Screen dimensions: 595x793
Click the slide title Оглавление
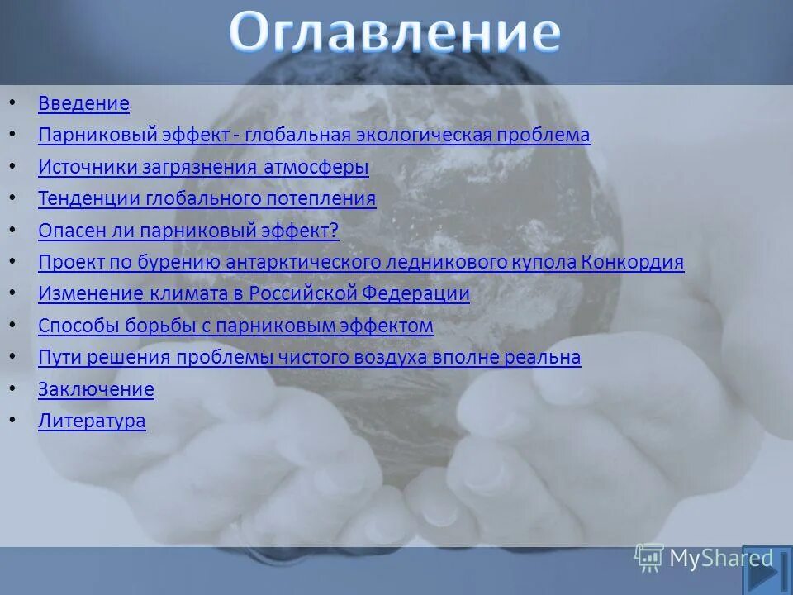tap(395, 35)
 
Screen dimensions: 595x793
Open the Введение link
tap(83, 104)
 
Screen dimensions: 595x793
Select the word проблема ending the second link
tap(548, 136)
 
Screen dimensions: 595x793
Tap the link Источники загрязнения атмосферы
tap(203, 167)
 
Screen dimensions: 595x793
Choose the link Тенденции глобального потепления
tap(207, 199)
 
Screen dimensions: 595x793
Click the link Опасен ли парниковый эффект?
tap(188, 231)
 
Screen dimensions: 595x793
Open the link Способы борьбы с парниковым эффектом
tap(235, 326)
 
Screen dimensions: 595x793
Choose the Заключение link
tap(96, 389)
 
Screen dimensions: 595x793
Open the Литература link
tap(92, 421)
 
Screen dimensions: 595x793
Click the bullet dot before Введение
tap(12, 103)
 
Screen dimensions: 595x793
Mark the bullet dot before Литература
tap(12, 420)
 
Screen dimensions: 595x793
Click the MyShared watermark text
tap(720, 559)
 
